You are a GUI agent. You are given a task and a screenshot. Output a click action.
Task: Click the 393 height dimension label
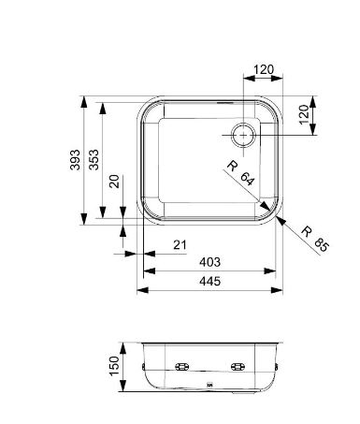75,160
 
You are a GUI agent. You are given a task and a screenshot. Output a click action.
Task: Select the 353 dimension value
94,160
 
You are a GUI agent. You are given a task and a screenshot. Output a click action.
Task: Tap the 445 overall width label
209,281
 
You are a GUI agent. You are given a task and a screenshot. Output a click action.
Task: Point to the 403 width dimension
209,262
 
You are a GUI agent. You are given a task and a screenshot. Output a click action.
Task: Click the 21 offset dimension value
180,245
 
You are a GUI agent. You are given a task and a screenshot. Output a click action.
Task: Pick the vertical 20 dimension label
115,181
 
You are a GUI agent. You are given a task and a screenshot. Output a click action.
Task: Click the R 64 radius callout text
240,172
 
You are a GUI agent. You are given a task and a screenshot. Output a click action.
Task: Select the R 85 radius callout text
315,240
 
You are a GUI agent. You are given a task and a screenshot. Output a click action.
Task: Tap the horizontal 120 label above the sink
264,69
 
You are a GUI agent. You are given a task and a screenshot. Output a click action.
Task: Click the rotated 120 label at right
304,114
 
